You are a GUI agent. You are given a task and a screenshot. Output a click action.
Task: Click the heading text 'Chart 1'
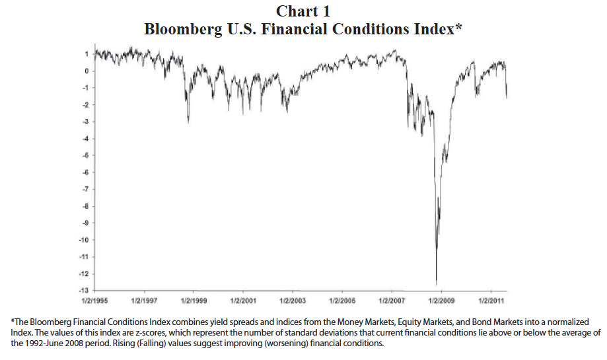(303, 11)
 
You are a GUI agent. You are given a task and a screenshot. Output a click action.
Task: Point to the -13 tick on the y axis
(84, 290)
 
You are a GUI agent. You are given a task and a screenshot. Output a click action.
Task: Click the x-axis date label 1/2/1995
(95, 301)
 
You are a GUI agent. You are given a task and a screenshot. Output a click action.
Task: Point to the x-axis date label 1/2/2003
(292, 301)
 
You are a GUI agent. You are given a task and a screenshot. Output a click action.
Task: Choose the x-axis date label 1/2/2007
(390, 301)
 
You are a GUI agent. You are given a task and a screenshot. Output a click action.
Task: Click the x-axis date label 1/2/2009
(440, 301)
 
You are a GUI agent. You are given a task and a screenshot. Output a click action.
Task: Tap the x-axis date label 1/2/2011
(489, 301)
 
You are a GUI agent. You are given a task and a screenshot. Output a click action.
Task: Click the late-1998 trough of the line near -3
(188, 123)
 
